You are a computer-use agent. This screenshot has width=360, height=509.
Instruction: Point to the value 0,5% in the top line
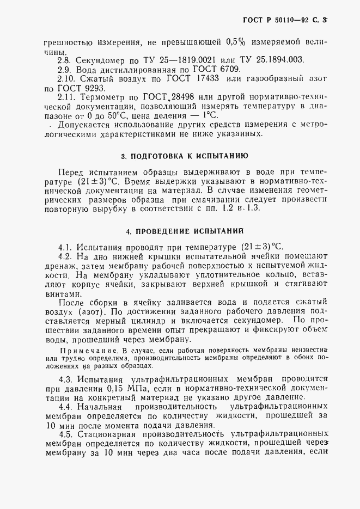pyautogui.click(x=236, y=41)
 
